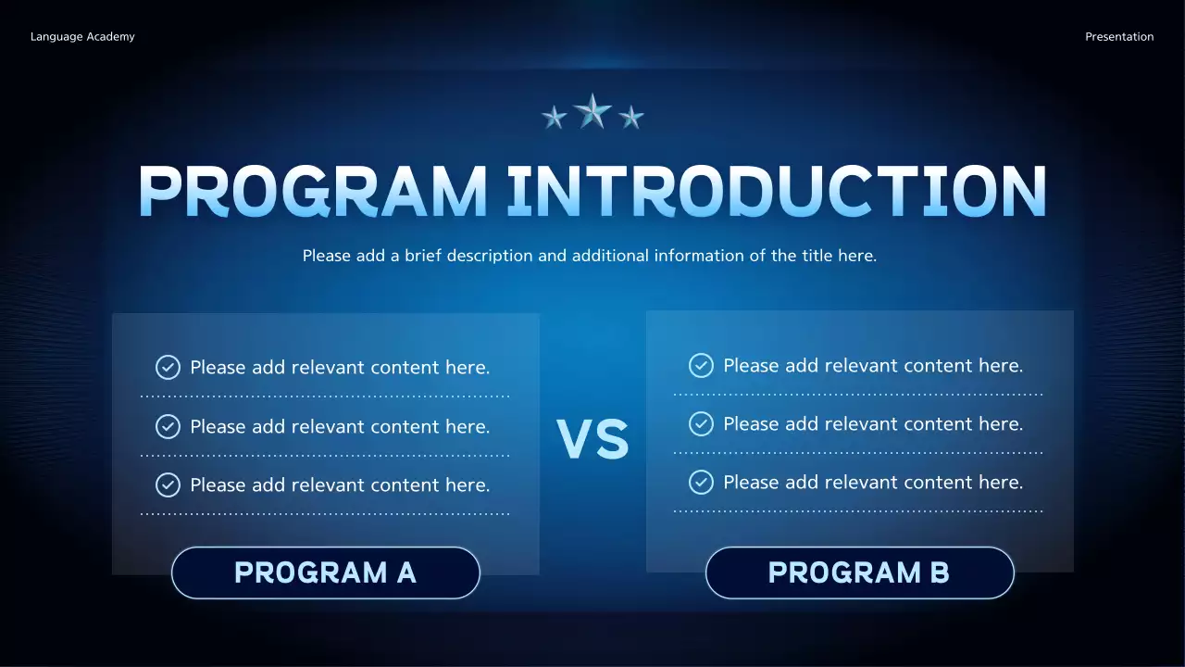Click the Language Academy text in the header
82,37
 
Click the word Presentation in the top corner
1119,37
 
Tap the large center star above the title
592,111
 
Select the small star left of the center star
554,117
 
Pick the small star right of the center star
631,117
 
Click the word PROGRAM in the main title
312,192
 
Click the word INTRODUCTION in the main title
777,192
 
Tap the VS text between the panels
592,440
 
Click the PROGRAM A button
325,573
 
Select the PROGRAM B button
859,573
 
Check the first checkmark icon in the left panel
168,368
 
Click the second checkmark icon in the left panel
168,427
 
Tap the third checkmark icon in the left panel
168,485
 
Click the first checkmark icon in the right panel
701,366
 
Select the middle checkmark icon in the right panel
701,424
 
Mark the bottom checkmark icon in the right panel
701,482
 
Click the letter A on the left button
405,573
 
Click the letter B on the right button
939,573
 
